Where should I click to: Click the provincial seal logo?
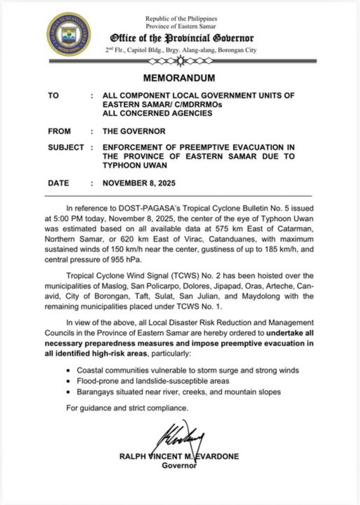(69, 34)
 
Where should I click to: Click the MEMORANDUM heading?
(179, 78)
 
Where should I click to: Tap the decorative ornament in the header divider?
(180, 61)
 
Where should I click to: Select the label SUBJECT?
(66, 148)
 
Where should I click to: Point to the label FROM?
(59, 131)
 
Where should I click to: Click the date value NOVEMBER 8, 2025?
(139, 183)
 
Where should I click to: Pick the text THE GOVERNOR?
(134, 131)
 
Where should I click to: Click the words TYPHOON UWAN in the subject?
(135, 166)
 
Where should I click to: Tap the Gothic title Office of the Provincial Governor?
(182, 38)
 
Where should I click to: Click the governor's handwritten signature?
(183, 438)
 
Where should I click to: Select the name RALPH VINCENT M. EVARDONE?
(179, 456)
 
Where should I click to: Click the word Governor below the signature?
(179, 465)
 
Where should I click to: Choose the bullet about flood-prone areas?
(153, 381)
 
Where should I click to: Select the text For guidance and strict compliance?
(127, 408)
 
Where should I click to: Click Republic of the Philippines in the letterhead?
(181, 19)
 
